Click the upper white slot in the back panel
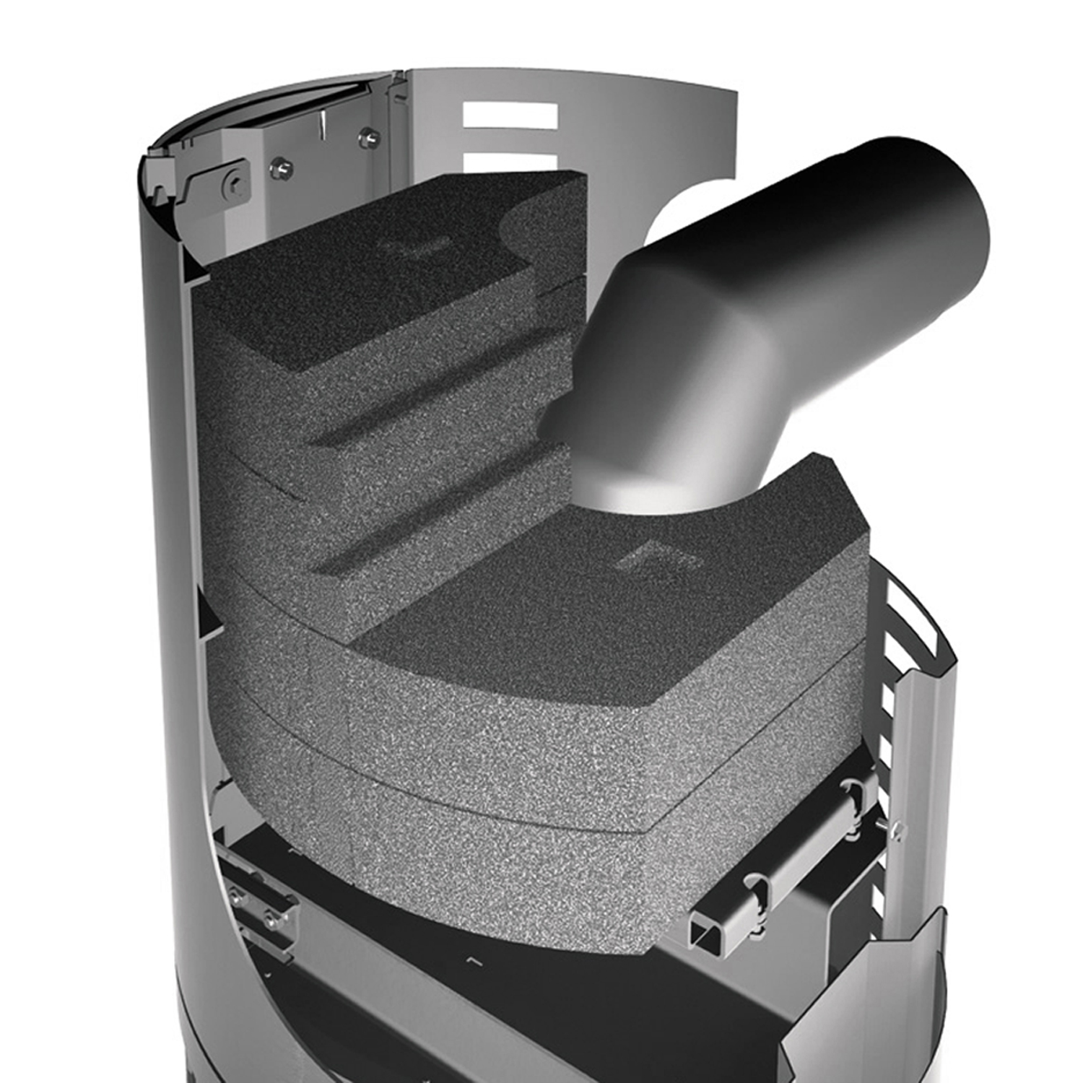[x=510, y=116]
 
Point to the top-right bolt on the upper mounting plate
[x=369, y=135]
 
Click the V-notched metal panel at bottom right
[x=866, y=1004]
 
